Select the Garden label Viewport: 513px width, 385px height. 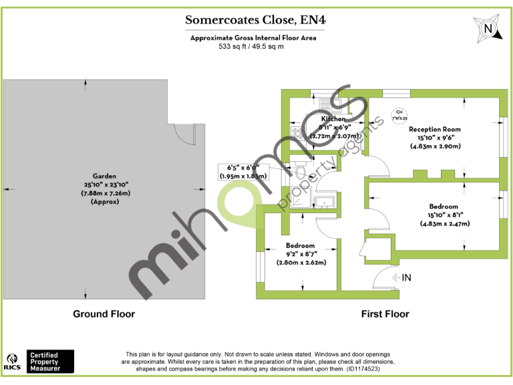(105, 176)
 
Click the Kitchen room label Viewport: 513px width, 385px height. (334, 118)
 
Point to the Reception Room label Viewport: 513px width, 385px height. (435, 130)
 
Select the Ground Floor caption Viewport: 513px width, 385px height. (104, 313)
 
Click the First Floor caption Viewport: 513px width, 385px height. (385, 313)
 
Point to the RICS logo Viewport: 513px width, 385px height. (13, 361)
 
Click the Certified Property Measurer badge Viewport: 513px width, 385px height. (51, 361)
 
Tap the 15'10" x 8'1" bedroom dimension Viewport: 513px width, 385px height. (445, 215)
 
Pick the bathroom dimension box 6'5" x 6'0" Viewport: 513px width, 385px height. (243, 172)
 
